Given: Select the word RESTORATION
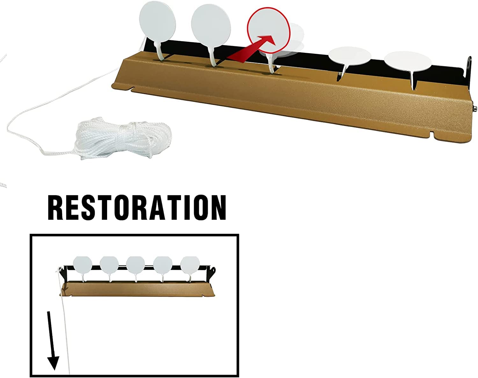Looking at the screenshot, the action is [137, 208].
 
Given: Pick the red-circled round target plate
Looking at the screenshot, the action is [269, 31].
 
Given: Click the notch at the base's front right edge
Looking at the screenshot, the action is [432, 134].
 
